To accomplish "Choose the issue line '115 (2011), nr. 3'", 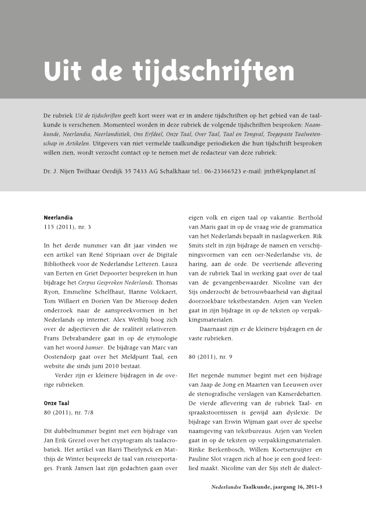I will (x=67, y=227).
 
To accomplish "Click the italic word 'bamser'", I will (x=93, y=348).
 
